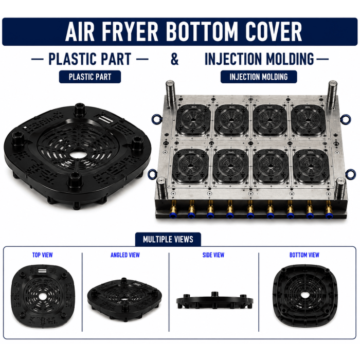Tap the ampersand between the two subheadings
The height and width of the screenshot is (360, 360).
point(174,59)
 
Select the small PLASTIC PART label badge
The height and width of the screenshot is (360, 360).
point(90,77)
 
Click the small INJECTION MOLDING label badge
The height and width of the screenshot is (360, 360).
point(259,77)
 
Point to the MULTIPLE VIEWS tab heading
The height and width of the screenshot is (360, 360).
point(168,240)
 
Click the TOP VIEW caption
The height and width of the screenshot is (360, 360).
point(43,255)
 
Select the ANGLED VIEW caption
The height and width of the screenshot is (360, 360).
point(125,255)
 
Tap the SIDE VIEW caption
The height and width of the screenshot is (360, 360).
point(213,255)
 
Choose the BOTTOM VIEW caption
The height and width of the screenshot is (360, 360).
point(304,255)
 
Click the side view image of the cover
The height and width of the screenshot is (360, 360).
point(214,300)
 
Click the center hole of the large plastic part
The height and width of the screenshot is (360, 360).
point(77,154)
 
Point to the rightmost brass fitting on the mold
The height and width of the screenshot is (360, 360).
point(329,208)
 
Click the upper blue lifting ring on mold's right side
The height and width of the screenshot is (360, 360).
point(346,119)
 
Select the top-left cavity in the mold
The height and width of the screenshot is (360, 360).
point(193,119)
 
